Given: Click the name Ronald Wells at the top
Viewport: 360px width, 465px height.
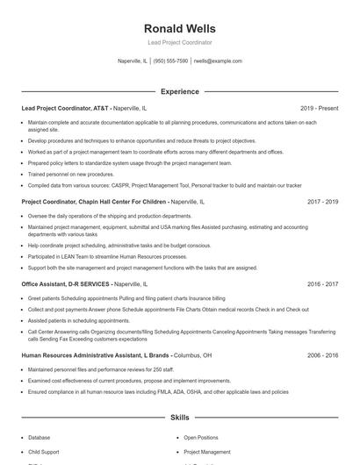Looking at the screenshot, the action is click(180, 28).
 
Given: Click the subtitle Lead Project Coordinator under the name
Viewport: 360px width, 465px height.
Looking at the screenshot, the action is click(180, 42).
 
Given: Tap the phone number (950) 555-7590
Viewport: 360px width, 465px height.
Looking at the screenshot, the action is click(170, 61).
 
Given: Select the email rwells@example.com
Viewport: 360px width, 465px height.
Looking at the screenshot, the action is click(218, 61).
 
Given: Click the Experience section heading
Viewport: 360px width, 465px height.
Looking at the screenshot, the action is click(180, 91).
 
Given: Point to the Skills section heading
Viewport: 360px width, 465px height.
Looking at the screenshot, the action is click(180, 418).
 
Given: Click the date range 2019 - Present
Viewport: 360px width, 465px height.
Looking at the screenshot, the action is click(319, 108).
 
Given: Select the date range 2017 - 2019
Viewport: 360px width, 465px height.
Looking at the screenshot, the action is click(322, 201).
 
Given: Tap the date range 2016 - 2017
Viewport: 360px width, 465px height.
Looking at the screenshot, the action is click(322, 284).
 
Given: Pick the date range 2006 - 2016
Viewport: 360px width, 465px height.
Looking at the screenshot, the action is click(322, 355).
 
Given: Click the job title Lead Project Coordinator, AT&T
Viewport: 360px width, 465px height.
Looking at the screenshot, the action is click(66, 108).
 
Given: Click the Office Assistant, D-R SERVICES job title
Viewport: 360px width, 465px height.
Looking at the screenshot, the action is click(66, 284).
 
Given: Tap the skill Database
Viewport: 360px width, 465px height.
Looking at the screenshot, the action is click(39, 437).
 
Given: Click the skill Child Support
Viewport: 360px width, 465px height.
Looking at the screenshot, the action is click(44, 452).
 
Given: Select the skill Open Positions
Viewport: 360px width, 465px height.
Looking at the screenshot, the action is click(201, 437).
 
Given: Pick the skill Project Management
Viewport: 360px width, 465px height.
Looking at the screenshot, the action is click(207, 452).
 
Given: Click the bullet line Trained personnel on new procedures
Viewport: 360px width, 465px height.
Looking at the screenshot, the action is click(70, 174).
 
